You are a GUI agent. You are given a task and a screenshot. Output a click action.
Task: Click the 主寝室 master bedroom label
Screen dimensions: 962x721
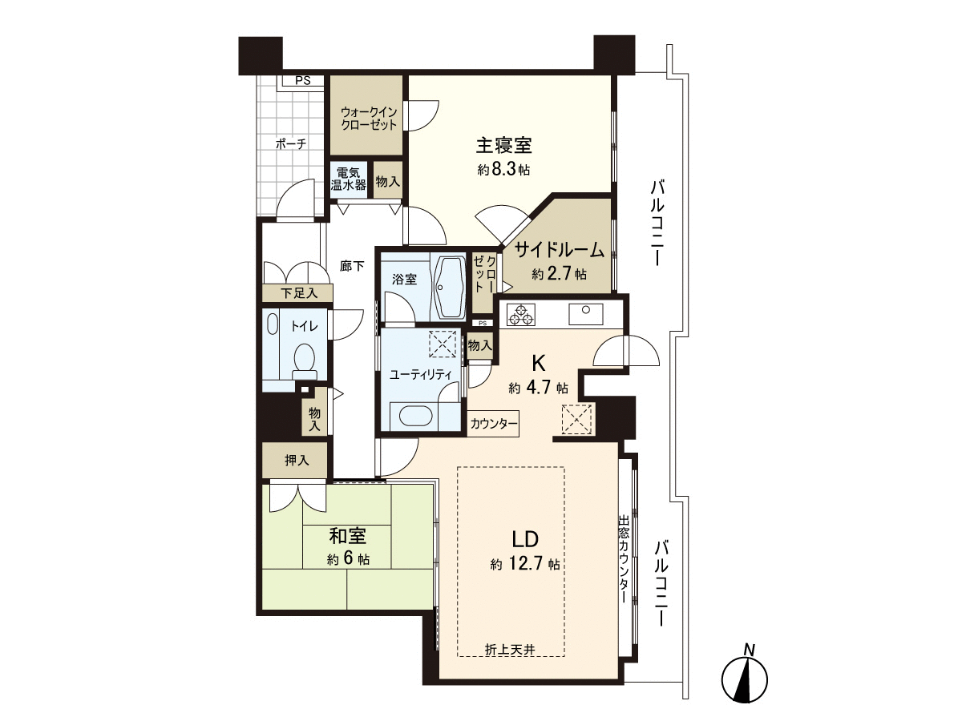pyautogui.click(x=503, y=146)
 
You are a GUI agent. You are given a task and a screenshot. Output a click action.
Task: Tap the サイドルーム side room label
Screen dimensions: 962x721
pyautogui.click(x=560, y=250)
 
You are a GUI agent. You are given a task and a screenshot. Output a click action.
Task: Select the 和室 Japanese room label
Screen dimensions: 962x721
pyautogui.click(x=348, y=535)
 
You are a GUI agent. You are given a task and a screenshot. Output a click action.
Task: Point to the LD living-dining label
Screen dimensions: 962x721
pyautogui.click(x=525, y=539)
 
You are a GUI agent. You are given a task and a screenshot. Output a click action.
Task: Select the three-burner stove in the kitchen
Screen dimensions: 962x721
pyautogui.click(x=520, y=315)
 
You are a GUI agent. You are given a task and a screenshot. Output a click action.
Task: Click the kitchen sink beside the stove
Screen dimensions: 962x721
pyautogui.click(x=585, y=314)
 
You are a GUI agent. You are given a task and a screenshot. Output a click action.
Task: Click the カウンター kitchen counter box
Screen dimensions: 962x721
pyautogui.click(x=493, y=423)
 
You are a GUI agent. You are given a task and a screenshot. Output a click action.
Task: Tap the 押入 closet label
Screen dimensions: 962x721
pyautogui.click(x=297, y=460)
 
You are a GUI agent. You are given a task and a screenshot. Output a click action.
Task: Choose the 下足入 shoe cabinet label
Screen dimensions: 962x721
pyautogui.click(x=299, y=293)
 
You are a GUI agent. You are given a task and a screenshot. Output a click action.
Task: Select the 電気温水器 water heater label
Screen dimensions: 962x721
pyautogui.click(x=349, y=179)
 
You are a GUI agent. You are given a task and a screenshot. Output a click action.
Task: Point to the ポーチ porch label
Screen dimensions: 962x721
pyautogui.click(x=291, y=143)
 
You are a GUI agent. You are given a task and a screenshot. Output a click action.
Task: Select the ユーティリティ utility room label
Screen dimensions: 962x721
pyautogui.click(x=420, y=375)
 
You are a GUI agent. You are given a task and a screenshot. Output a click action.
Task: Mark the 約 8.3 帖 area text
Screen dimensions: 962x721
pyautogui.click(x=503, y=169)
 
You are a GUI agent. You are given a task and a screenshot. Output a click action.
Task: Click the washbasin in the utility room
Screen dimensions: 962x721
pyautogui.click(x=415, y=416)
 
